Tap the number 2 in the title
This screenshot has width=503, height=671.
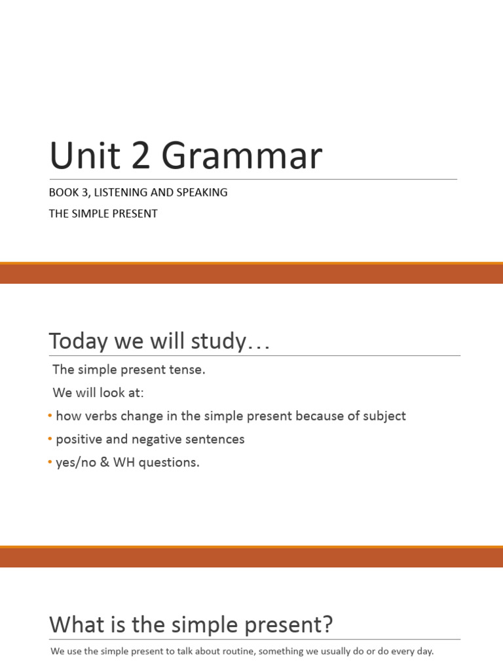[x=141, y=157]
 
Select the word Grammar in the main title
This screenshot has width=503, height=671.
[x=242, y=157]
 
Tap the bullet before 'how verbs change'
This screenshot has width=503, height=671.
[x=51, y=416]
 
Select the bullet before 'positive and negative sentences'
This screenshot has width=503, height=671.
[x=51, y=439]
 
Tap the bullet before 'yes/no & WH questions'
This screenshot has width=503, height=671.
[x=51, y=463]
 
